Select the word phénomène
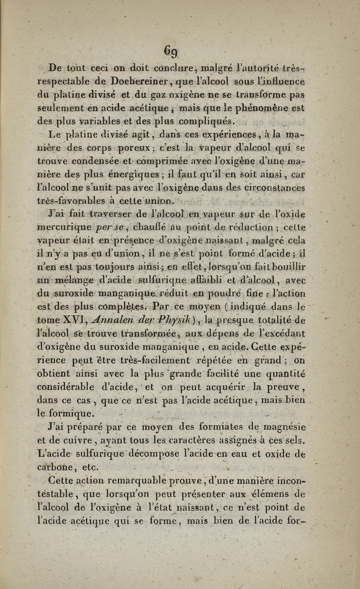tap(269, 108)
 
